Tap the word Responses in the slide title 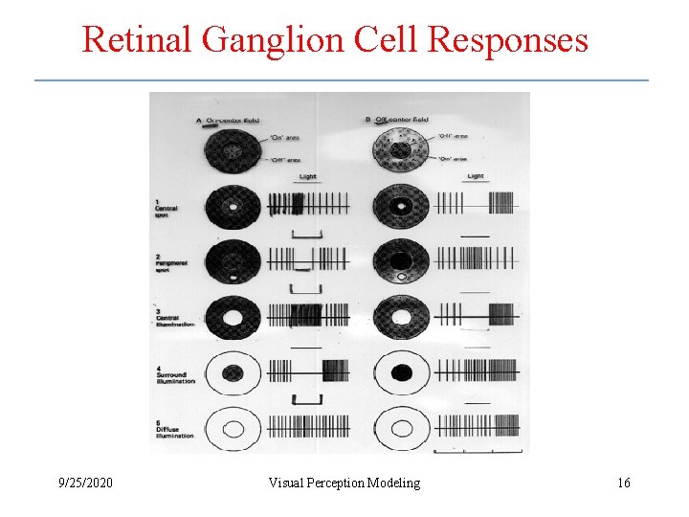pos(508,40)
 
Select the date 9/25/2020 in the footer pos(84,483)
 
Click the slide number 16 pos(624,483)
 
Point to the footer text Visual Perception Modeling pos(344,483)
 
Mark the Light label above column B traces pos(475,177)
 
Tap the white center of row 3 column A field pos(233,317)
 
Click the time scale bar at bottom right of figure pos(478,451)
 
